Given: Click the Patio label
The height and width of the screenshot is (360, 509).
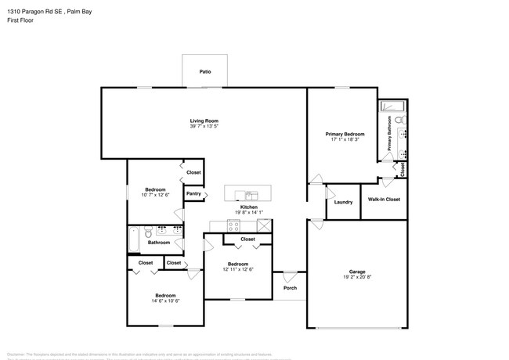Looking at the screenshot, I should [x=204, y=71].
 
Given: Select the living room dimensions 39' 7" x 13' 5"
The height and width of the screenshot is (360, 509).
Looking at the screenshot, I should [x=204, y=126].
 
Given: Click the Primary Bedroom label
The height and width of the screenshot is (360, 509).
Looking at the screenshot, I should [x=345, y=134].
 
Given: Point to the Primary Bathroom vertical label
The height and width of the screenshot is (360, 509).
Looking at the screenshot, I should [x=389, y=133].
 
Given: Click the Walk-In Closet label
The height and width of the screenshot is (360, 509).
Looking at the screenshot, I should [x=384, y=200].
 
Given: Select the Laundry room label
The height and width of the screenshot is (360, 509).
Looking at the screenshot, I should [x=343, y=202].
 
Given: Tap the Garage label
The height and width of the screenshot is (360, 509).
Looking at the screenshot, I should [x=356, y=272].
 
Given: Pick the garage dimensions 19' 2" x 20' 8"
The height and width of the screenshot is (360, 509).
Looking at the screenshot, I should [x=356, y=278].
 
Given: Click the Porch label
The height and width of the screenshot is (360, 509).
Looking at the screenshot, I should [x=290, y=288].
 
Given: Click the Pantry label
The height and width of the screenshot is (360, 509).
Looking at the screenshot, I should [x=193, y=193].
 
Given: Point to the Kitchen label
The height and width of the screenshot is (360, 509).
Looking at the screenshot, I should [x=249, y=207].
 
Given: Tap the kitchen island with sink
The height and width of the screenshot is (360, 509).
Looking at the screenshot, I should [x=250, y=193].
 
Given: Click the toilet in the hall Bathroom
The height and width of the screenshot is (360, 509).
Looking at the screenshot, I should [x=147, y=232].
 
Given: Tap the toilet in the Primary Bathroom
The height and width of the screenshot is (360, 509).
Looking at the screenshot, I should [x=399, y=120].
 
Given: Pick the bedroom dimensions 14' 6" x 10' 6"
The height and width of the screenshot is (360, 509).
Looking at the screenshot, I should [x=166, y=301].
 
